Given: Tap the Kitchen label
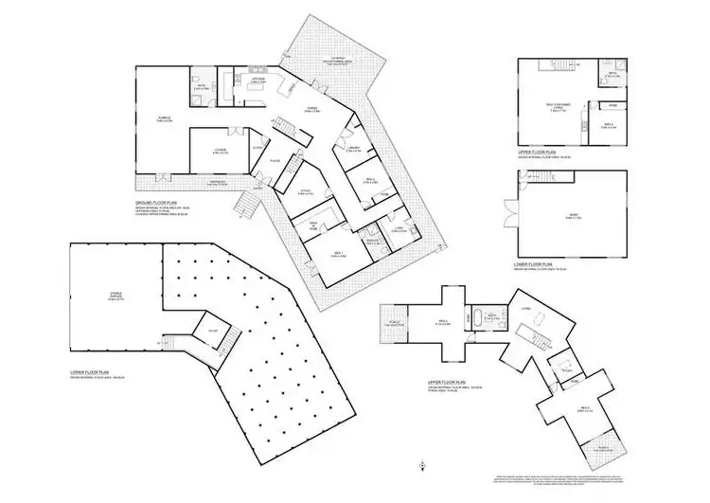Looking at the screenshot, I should [x=257, y=80].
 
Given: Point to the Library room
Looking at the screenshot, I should [x=352, y=150].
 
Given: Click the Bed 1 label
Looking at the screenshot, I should [x=337, y=254].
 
